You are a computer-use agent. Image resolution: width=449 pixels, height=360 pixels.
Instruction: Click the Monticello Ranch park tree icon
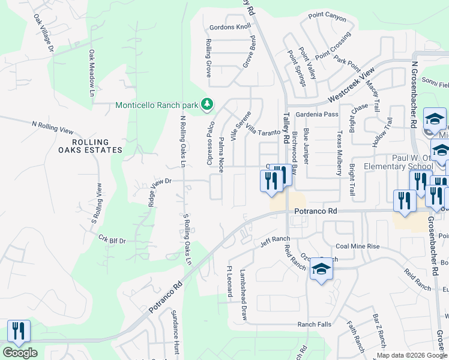207,104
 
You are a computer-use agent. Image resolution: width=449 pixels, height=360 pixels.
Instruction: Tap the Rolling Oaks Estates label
97,146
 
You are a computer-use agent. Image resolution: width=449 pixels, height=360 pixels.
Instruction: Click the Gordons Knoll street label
230,28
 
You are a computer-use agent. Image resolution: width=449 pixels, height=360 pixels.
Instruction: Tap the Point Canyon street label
327,17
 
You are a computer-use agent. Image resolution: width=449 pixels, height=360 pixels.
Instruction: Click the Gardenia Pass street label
322,114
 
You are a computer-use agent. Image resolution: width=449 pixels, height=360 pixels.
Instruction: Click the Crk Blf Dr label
112,239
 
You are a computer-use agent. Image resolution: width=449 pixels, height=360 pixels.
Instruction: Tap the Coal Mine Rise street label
357,246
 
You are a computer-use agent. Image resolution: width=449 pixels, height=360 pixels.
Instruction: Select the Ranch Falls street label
315,325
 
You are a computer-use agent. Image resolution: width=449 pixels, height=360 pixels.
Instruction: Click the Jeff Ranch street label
275,240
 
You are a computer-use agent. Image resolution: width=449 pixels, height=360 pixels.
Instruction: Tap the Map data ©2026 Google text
412,355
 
